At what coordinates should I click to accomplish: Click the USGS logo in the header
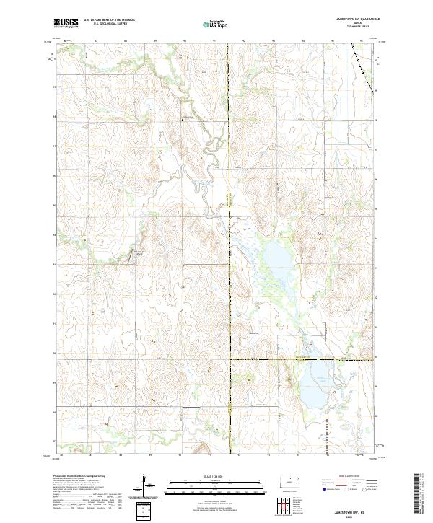pos(66,23)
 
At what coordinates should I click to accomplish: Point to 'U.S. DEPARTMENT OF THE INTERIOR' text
pos(109,20)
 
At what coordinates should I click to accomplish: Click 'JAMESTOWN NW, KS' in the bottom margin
pos(351,509)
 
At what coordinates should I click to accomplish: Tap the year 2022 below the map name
pos(351,515)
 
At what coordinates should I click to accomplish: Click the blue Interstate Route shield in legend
pos(320,489)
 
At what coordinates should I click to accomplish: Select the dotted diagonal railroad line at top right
pos(364,65)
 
